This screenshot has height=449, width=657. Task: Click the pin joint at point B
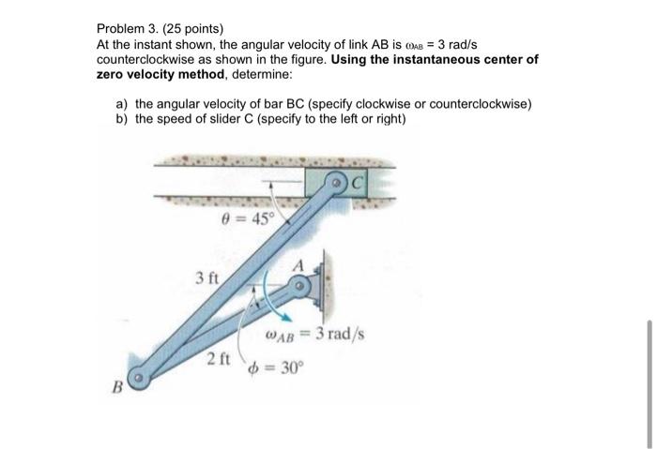point(139,380)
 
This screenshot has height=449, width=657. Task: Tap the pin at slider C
point(337,183)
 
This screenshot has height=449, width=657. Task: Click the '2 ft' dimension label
point(218,357)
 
